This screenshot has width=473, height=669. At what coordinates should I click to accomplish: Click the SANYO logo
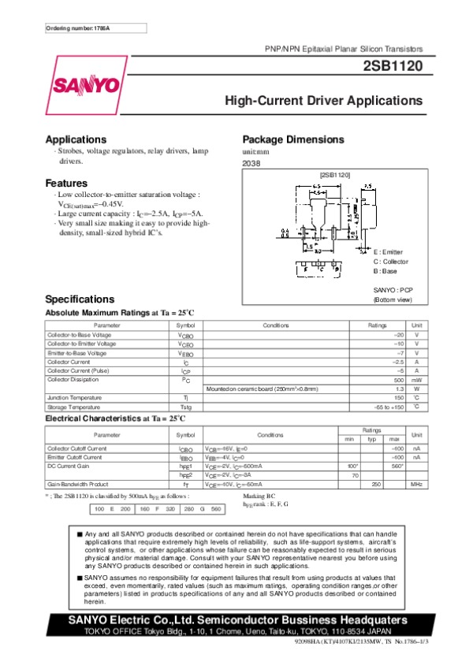87,84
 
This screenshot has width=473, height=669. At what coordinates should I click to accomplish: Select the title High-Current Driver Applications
324,101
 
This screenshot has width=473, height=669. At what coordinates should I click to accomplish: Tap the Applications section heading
76,139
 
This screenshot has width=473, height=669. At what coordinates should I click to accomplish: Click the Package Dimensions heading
293,139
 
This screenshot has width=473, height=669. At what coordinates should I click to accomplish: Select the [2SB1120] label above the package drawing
334,174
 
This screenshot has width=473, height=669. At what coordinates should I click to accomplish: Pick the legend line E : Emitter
388,251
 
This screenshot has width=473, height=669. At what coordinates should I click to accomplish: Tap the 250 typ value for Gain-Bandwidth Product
376,483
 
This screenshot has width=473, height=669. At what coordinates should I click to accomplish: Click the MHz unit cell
417,483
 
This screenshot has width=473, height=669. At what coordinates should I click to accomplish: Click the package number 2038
251,163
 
